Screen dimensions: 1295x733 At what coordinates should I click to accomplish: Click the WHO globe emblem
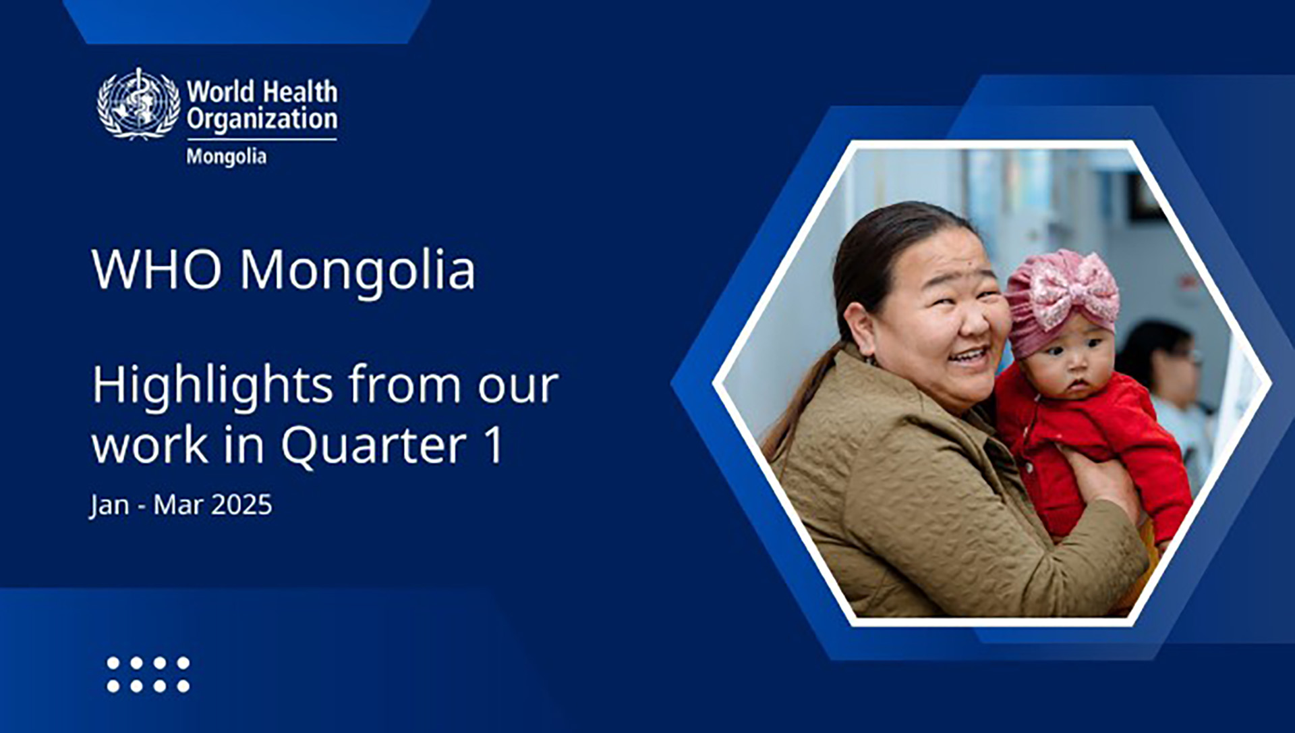[x=139, y=104]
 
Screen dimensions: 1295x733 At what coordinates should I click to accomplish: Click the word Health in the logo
[x=300, y=92]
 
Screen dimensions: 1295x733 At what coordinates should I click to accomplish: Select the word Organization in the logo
[x=262, y=119]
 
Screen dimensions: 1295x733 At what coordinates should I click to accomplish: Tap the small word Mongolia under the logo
[x=227, y=157]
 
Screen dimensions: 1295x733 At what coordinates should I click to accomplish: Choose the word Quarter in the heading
[x=374, y=445]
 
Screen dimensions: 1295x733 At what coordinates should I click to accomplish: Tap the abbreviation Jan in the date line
[x=109, y=506]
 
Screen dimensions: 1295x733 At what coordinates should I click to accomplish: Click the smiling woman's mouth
[x=969, y=355]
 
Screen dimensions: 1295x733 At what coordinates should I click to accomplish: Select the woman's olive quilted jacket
[x=931, y=499]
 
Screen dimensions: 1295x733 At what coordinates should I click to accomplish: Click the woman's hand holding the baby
[x=1099, y=479]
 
